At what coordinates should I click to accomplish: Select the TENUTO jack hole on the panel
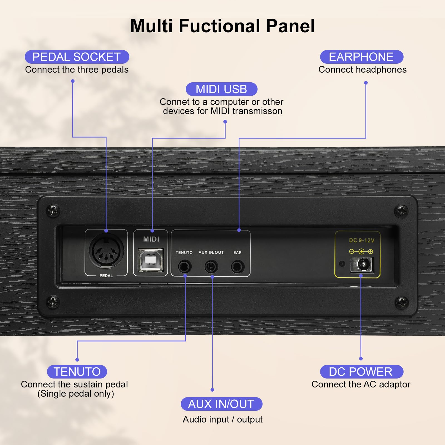184,267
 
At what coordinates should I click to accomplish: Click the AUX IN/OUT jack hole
211,267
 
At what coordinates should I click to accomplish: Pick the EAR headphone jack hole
238,267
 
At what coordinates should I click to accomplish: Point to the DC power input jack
362,264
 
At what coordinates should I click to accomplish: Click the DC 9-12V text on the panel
362,240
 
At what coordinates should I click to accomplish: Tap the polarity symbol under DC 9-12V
361,252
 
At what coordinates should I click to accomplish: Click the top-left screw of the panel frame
53,211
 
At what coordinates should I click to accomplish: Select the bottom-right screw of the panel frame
402,302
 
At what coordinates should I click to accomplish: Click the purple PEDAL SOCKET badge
77,57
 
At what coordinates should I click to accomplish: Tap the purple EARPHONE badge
361,57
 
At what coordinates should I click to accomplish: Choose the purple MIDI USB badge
221,89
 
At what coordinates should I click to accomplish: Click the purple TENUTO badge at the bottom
77,372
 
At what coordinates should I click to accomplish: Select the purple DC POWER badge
361,372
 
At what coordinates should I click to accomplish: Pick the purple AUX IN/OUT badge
221,404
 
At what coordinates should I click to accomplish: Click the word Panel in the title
290,26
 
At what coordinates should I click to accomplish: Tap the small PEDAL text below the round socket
106,276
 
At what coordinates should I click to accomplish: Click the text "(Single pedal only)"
76,394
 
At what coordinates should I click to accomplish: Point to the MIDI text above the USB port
151,239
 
